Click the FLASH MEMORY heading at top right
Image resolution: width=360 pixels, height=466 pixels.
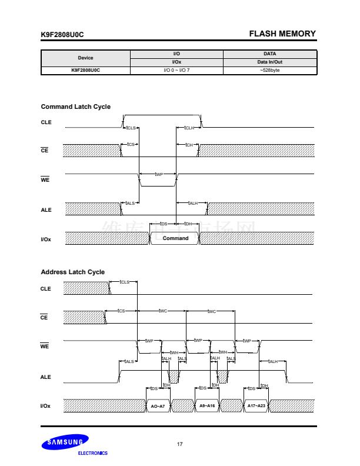point(282,34)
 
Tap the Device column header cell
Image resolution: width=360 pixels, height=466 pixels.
point(85,58)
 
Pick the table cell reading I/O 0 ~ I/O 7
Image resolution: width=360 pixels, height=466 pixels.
point(176,71)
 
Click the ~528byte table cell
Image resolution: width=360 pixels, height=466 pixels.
point(269,71)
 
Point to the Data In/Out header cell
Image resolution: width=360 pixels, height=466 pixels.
point(269,62)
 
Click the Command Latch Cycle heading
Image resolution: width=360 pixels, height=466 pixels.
point(75,106)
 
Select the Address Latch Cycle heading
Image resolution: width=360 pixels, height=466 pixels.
point(72,272)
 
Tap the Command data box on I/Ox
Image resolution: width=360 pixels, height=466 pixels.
point(175,238)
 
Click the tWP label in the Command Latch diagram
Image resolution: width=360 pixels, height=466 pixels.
point(158,174)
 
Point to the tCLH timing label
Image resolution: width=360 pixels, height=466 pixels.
point(189,128)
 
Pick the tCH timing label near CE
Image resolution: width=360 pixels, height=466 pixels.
point(189,145)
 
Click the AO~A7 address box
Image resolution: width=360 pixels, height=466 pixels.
point(158,406)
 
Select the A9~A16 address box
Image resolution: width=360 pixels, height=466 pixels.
point(207,406)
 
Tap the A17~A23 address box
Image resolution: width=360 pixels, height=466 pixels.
point(256,406)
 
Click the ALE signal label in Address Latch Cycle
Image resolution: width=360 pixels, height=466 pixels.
point(46,377)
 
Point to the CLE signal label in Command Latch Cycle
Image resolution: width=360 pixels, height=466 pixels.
point(46,122)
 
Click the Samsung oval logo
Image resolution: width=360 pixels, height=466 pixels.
point(65,442)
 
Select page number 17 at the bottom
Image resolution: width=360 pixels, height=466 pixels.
point(179,444)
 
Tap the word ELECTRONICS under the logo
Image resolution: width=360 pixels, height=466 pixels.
point(92,453)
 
